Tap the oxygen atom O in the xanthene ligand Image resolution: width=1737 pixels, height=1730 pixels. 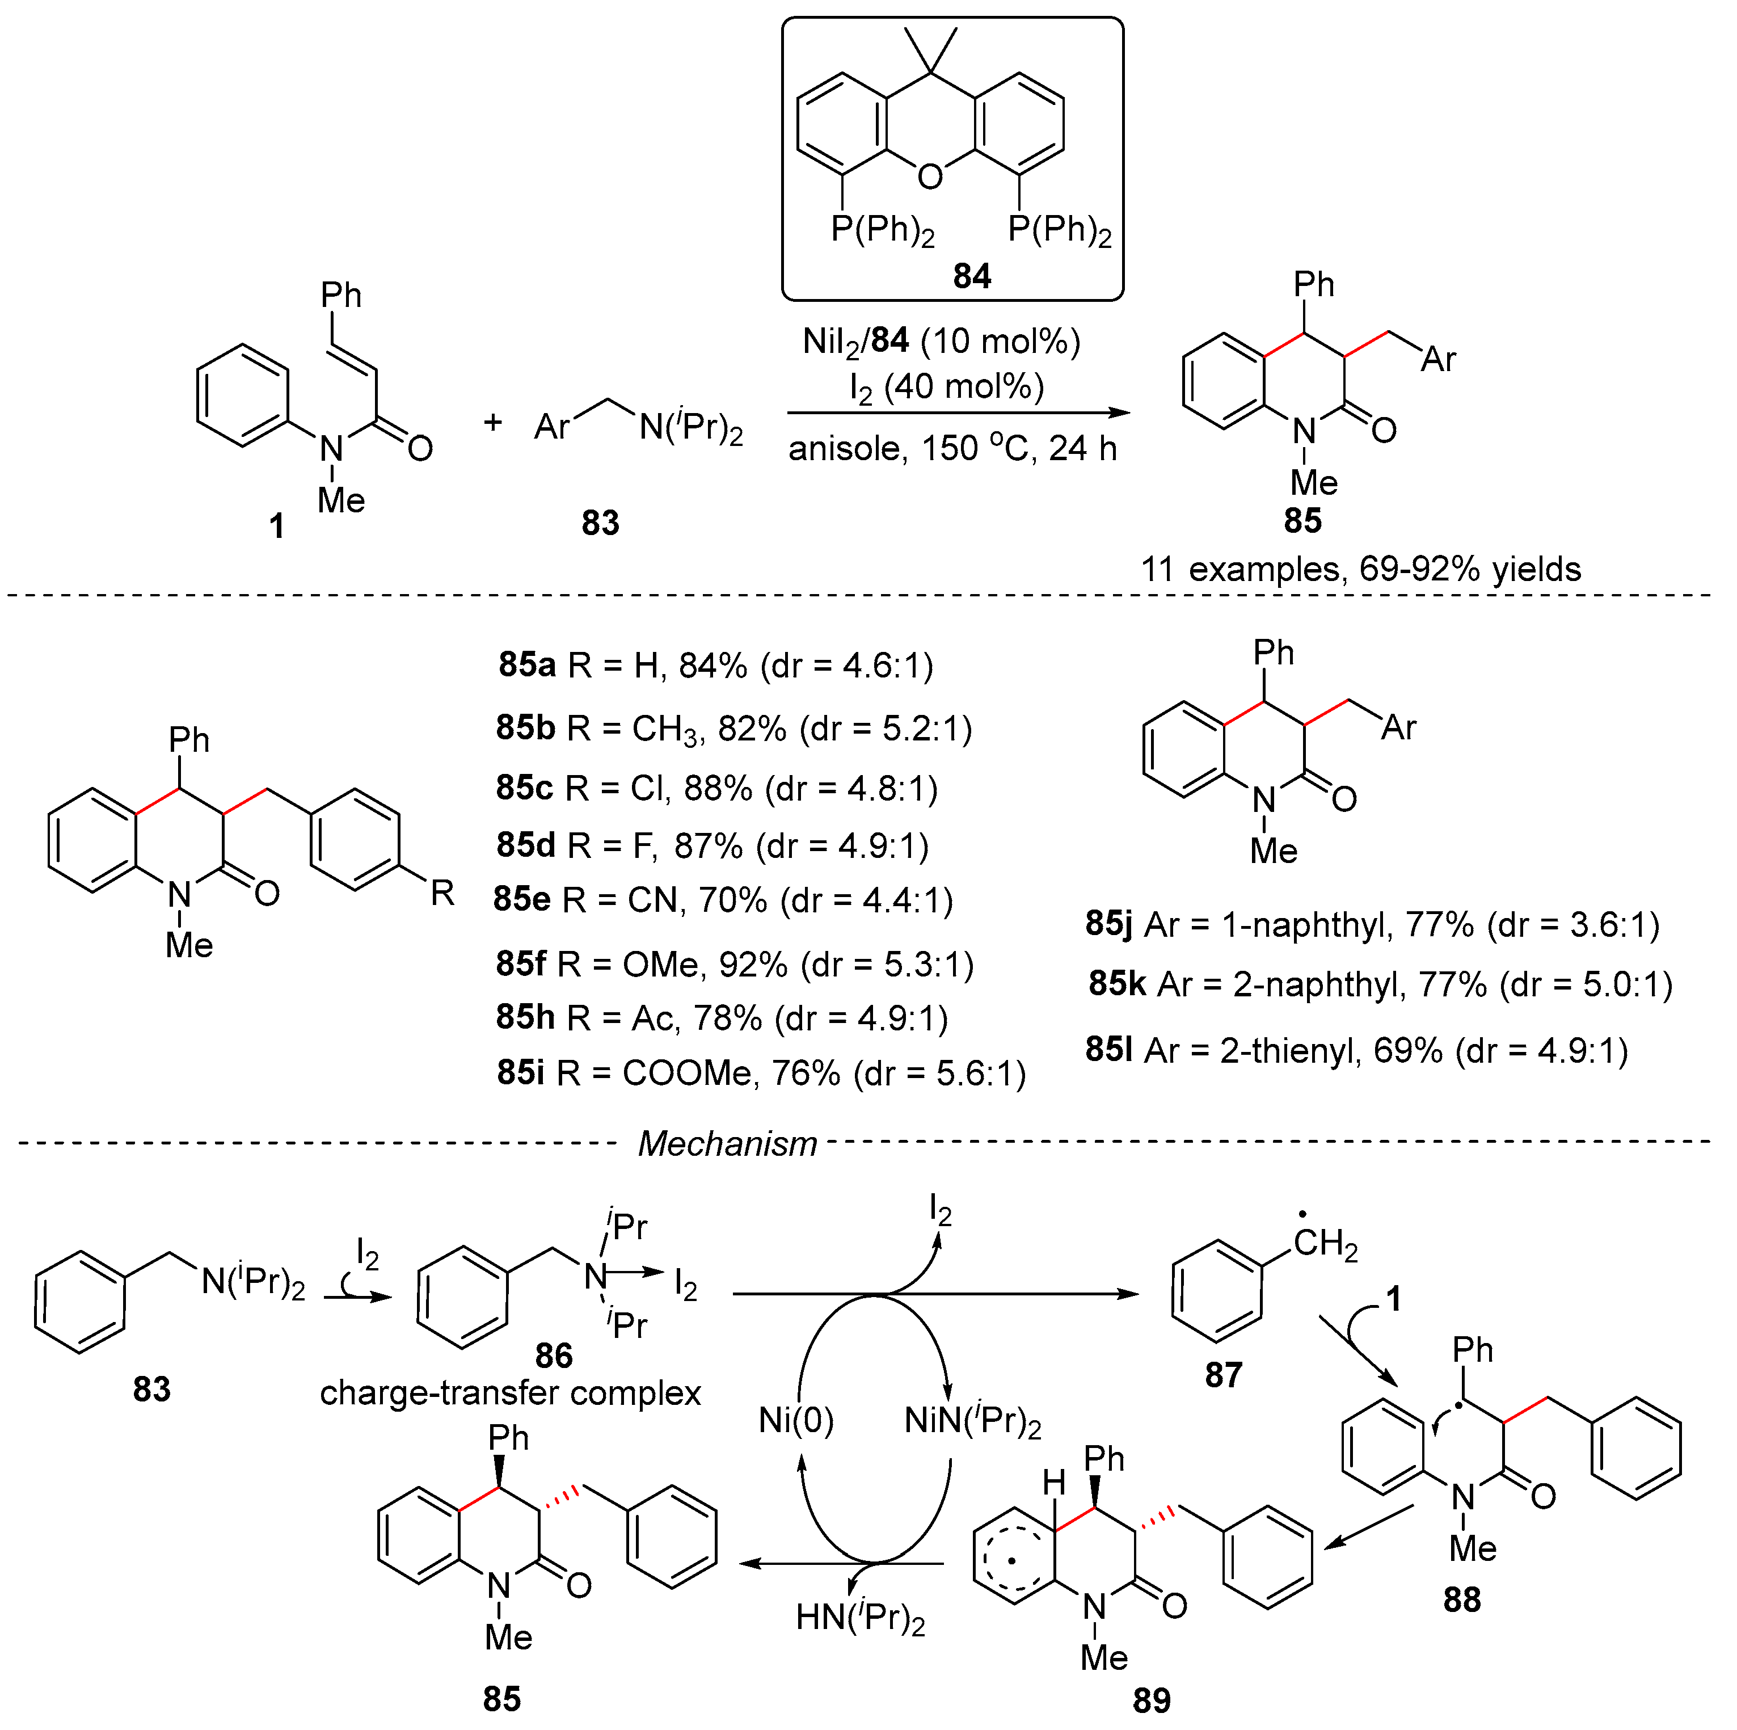click(930, 176)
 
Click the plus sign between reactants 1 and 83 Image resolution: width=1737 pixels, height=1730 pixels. click(493, 422)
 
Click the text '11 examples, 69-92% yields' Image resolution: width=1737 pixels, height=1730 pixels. click(1360, 569)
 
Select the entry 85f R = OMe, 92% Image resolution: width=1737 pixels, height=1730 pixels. click(735, 965)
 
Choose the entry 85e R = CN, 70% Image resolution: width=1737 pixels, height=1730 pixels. click(723, 900)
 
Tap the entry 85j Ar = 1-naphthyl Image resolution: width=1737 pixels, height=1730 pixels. click(1372, 924)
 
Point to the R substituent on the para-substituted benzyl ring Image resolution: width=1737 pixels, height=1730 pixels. click(442, 893)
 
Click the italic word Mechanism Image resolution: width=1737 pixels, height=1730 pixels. click(727, 1144)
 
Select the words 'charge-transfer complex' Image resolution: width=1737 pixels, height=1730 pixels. click(510, 1393)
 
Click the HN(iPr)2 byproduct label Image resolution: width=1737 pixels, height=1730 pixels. click(859, 1618)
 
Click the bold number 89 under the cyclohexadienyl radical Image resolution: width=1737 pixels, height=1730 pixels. click(1151, 1701)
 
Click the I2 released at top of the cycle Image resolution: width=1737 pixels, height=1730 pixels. click(939, 1211)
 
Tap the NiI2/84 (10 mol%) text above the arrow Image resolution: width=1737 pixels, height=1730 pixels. click(941, 342)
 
